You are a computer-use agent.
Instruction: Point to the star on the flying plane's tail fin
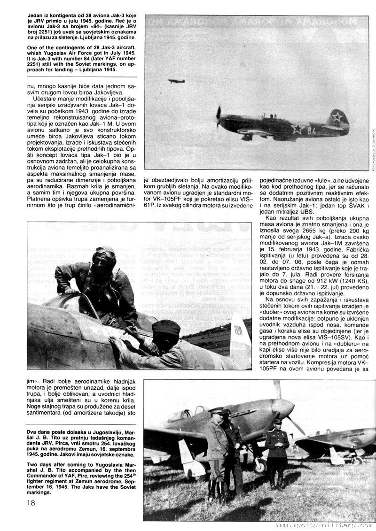pyautogui.click(x=337, y=117)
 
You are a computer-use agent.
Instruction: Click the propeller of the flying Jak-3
pyautogui.click(x=219, y=117)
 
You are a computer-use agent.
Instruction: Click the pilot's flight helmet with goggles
pyautogui.click(x=104, y=257)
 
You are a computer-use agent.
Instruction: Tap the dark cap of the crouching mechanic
pyautogui.click(x=165, y=327)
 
